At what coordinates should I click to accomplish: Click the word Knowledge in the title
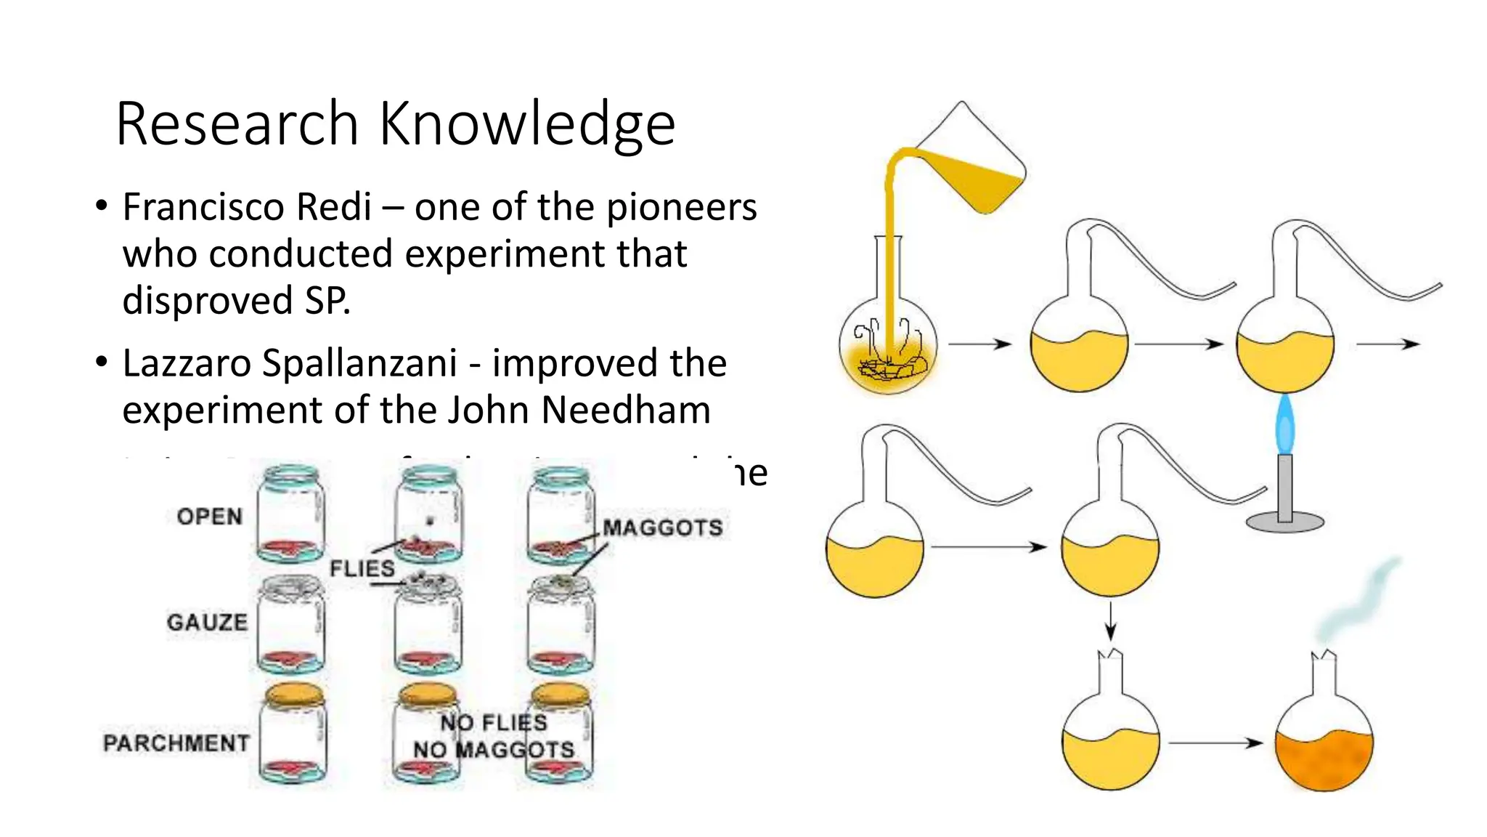click(527, 124)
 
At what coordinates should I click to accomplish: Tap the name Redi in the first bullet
click(335, 207)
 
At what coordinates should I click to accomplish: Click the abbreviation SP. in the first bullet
click(327, 301)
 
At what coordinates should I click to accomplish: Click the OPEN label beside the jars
click(209, 517)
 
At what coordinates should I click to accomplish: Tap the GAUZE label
click(207, 623)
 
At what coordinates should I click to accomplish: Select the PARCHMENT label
click(176, 743)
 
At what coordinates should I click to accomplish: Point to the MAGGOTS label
click(662, 527)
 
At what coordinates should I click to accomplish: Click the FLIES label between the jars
click(362, 568)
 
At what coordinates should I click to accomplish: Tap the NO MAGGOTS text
click(494, 749)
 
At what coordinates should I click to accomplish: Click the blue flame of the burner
click(1284, 424)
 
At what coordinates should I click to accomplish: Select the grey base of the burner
click(1284, 521)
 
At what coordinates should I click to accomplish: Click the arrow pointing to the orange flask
click(1216, 743)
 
